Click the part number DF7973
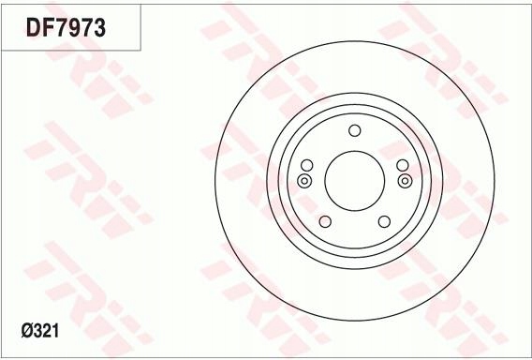pyautogui.click(x=65, y=29)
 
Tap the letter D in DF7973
pyautogui.click(x=33, y=29)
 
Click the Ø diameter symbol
pyautogui.click(x=27, y=330)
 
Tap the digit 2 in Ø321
pyautogui.click(x=51, y=330)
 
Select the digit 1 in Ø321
pyautogui.click(x=61, y=330)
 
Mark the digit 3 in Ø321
pyautogui.click(x=40, y=330)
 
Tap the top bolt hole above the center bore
pyautogui.click(x=354, y=131)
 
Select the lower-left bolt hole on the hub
pyautogui.click(x=325, y=221)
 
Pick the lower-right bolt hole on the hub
pyautogui.click(x=383, y=221)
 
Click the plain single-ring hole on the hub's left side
pyautogui.click(x=306, y=166)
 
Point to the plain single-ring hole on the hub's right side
pyautogui.click(x=402, y=166)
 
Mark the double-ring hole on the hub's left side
pyautogui.click(x=303, y=181)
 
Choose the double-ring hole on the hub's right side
pyautogui.click(x=405, y=181)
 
